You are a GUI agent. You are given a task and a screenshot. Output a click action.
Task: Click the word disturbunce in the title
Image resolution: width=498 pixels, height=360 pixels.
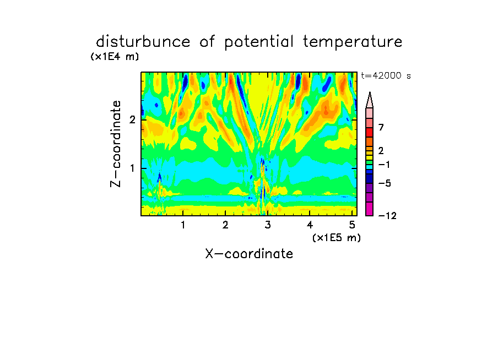click(143, 42)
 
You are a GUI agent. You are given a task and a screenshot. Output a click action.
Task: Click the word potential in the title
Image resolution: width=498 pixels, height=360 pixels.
click(259, 42)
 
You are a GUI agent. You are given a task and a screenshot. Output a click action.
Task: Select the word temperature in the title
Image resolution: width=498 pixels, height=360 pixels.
click(353, 42)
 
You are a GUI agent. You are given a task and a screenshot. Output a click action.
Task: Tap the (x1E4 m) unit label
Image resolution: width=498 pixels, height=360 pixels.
click(115, 57)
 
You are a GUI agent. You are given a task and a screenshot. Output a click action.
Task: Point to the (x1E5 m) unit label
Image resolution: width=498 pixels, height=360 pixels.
click(337, 238)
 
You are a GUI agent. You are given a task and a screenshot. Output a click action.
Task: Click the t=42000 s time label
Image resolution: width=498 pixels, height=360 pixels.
click(386, 76)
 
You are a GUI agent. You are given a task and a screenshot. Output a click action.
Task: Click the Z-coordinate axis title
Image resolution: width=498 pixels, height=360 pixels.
click(116, 144)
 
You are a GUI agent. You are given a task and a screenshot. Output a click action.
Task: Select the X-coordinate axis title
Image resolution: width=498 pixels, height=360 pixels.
click(249, 254)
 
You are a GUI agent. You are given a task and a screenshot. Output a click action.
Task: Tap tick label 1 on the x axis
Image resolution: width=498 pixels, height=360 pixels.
click(183, 225)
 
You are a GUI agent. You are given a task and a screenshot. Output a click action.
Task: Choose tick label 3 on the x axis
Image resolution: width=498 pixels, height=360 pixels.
click(268, 225)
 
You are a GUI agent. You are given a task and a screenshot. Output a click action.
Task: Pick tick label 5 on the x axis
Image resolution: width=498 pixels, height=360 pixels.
click(352, 225)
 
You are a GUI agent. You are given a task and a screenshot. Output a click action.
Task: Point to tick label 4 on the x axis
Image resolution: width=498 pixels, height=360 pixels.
click(310, 225)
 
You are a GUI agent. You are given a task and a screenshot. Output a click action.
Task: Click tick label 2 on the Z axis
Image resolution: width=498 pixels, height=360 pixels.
click(132, 120)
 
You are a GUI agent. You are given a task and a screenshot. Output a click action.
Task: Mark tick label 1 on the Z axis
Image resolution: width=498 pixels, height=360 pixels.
click(132, 168)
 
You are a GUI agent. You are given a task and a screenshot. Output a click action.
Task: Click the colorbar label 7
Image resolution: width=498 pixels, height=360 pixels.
click(381, 128)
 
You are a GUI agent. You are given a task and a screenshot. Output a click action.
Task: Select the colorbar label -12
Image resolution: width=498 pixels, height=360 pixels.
click(387, 216)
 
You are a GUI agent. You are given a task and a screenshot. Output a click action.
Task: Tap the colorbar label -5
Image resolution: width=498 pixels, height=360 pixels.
click(385, 183)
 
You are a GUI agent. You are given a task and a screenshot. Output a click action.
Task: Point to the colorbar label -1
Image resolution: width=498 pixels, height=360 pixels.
click(384, 165)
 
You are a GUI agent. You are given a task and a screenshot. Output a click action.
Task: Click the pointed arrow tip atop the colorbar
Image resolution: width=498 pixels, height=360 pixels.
click(370, 92)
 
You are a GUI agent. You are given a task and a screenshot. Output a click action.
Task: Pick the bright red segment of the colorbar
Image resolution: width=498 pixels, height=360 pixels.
click(370, 132)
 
